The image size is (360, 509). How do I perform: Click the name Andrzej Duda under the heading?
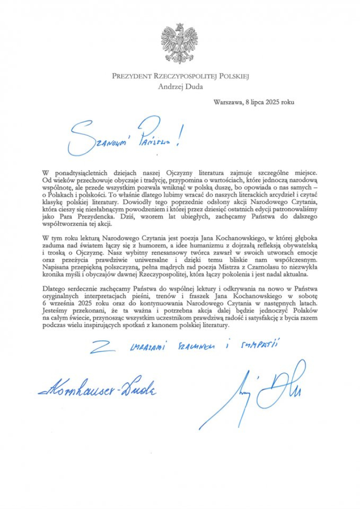click(180, 86)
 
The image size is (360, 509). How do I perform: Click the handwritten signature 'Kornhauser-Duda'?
click(98, 389)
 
